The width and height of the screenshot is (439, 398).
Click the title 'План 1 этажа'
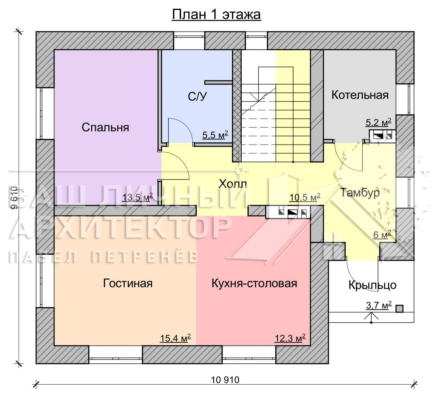(216, 15)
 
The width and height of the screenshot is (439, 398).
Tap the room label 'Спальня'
(105, 127)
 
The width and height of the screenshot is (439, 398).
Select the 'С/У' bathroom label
(197, 96)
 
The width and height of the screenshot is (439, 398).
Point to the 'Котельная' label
(360, 95)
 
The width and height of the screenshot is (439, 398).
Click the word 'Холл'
(233, 184)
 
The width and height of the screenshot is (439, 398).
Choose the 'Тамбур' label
(360, 193)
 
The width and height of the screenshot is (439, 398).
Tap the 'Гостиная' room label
(128, 283)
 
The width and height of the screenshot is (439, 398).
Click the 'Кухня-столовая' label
(254, 283)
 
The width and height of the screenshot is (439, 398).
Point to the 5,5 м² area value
(215, 135)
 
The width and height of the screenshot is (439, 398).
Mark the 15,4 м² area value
(176, 338)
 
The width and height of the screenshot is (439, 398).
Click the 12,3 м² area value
(290, 338)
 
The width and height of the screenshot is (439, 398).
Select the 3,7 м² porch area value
(379, 305)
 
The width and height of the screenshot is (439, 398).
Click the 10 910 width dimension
(225, 380)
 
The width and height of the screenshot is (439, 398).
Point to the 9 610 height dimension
(15, 198)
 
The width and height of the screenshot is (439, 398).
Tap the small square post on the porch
(399, 309)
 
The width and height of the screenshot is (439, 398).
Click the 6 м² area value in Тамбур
(382, 235)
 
